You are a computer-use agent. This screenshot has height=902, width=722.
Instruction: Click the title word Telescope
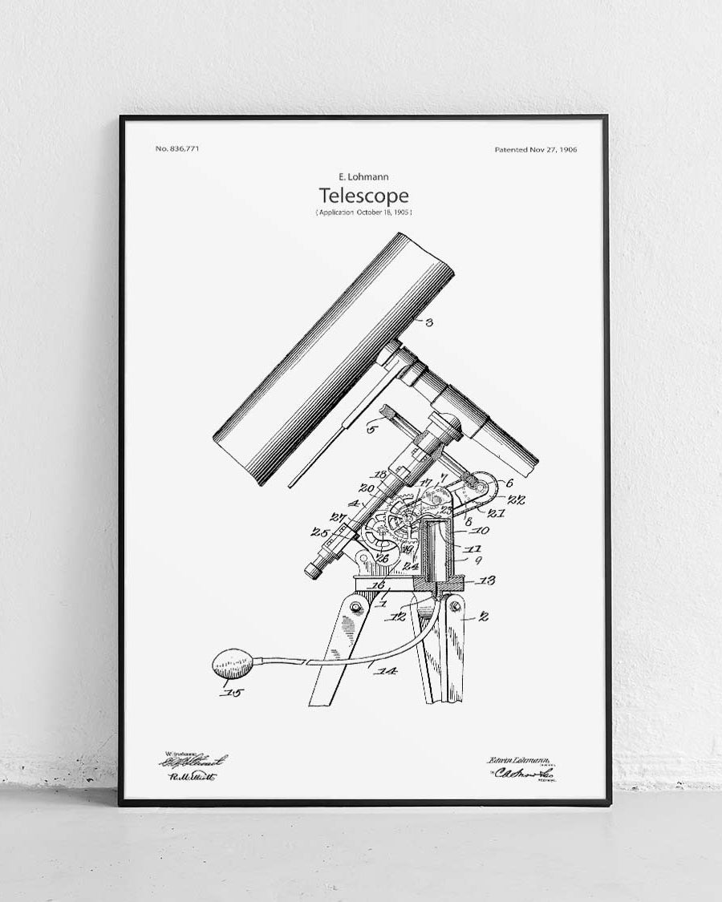(363, 196)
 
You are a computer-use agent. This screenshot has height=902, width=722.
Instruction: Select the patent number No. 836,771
(176, 150)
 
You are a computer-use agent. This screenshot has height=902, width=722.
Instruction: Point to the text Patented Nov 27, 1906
(536, 150)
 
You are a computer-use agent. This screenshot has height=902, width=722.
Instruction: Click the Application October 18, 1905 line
(363, 212)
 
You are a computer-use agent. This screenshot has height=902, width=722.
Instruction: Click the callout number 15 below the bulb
(236, 691)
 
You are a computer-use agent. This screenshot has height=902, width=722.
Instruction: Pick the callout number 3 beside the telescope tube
(429, 323)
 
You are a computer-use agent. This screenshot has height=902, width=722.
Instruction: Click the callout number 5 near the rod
(371, 428)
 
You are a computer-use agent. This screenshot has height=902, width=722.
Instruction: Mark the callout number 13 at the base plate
(487, 580)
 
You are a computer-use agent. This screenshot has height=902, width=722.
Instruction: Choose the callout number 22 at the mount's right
(517, 500)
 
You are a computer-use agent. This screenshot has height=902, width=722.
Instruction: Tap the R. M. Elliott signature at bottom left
(192, 776)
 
